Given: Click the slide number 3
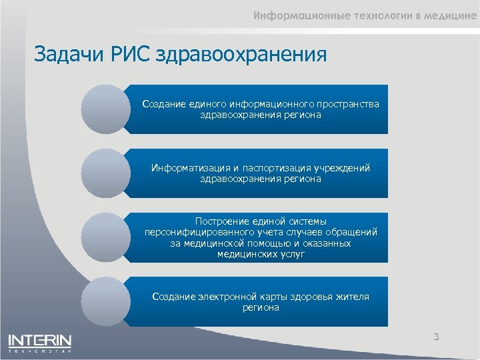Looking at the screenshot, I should [436, 337].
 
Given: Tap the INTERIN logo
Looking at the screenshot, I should [40, 343].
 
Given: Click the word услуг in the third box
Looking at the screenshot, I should [291, 255].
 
